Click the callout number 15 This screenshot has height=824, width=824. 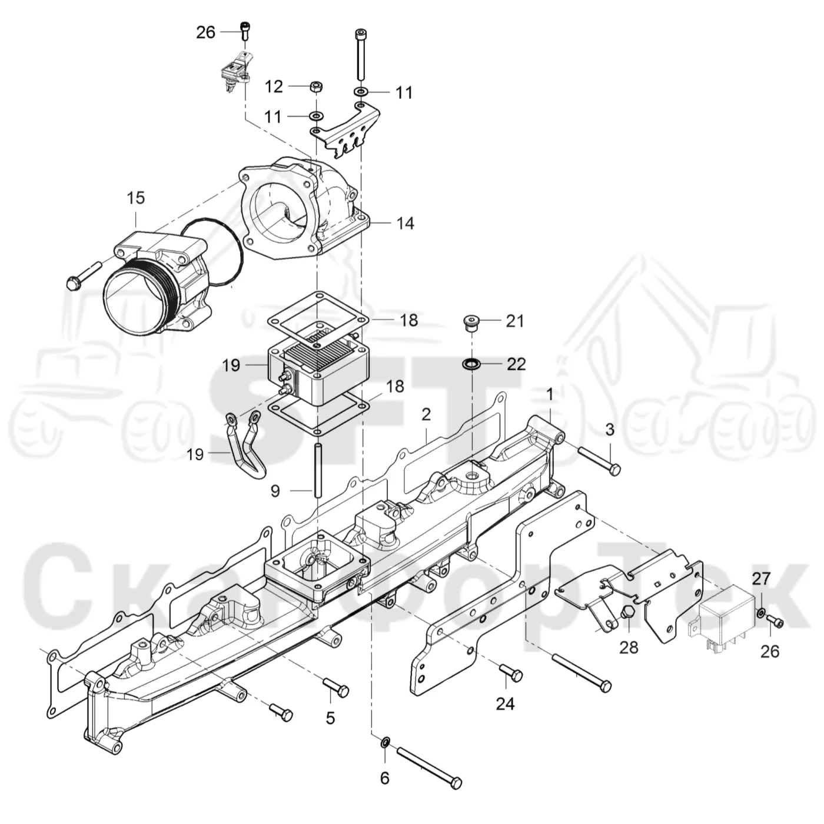tap(136, 198)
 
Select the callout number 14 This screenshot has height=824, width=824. tap(406, 223)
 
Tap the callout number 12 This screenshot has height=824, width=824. tap(274, 87)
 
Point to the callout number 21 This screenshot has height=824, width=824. tap(515, 321)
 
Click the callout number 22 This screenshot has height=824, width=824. tap(516, 364)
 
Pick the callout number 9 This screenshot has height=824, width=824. tap(275, 491)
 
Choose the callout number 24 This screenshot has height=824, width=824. tap(505, 703)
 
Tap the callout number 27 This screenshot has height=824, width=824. tap(761, 579)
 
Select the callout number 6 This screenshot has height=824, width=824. tap(385, 790)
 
